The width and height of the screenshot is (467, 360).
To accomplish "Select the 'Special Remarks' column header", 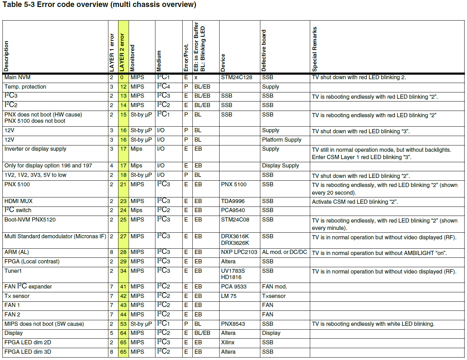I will (x=315, y=49).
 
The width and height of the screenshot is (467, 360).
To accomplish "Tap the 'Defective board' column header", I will (x=264, y=51).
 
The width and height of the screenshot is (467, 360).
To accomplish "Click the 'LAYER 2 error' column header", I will (x=122, y=52).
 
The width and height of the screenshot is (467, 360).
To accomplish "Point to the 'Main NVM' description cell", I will (x=17, y=77).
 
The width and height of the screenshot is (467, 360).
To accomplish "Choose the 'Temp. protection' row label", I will (x=25, y=87).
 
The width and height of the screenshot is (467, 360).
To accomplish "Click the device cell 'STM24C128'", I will (x=237, y=77).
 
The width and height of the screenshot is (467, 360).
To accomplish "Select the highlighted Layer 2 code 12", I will (x=123, y=87).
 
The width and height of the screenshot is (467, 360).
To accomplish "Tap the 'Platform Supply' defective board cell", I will (x=282, y=140).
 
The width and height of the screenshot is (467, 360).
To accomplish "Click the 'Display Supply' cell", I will (x=281, y=166).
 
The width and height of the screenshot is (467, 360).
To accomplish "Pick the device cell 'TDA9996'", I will (x=233, y=201).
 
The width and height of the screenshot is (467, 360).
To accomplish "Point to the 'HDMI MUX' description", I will (x=18, y=201).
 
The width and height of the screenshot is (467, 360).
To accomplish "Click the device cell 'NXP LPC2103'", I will (x=239, y=252).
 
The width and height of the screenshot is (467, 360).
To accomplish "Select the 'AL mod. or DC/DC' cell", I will (x=284, y=252).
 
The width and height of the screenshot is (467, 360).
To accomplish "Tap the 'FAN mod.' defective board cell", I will (x=274, y=287).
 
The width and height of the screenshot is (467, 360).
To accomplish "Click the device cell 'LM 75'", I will (x=229, y=296).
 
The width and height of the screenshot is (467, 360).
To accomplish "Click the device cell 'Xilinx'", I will (x=228, y=343).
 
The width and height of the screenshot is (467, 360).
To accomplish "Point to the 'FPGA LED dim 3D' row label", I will (x=28, y=352).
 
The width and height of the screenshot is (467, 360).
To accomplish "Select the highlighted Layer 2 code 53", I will (x=123, y=324).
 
